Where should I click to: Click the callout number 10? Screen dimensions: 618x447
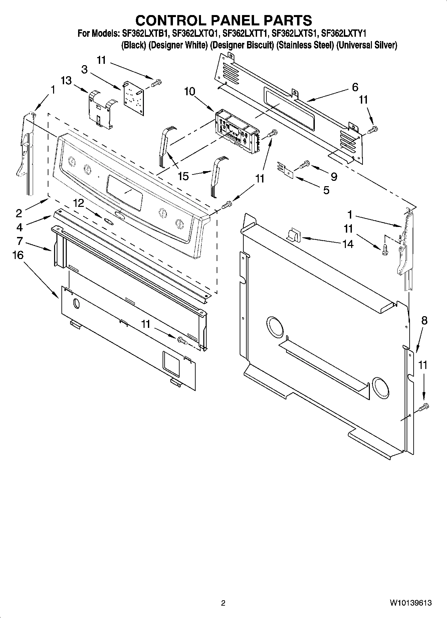pyautogui.click(x=190, y=91)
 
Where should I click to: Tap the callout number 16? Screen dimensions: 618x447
pyautogui.click(x=18, y=255)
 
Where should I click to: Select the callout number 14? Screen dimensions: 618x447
pyautogui.click(x=348, y=244)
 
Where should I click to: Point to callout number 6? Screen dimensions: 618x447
pyautogui.click(x=355, y=87)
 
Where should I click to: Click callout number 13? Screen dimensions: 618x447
pyautogui.click(x=66, y=81)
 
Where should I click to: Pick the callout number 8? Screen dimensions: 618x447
pyautogui.click(x=424, y=321)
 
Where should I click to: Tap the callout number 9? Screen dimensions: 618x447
pyautogui.click(x=333, y=177)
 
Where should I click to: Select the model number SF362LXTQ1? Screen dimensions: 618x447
pyautogui.click(x=196, y=33)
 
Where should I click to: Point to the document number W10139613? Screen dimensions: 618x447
pyautogui.click(x=410, y=603)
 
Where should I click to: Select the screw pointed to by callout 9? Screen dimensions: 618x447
pyautogui.click(x=305, y=164)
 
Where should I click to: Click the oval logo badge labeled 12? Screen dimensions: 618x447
pyautogui.click(x=107, y=220)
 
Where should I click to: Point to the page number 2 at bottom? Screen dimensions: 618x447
pyautogui.click(x=223, y=603)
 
